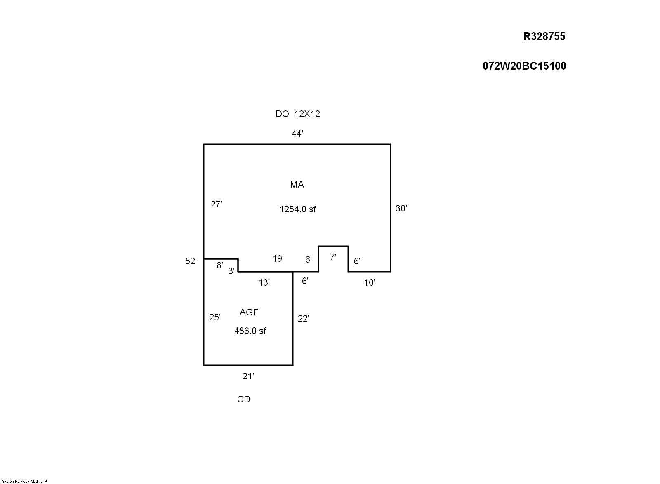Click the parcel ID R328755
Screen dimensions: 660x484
[x=544, y=36]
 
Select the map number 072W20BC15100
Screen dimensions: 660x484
[x=524, y=66]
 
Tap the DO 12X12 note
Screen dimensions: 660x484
[x=297, y=114]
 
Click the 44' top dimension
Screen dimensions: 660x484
[x=297, y=134]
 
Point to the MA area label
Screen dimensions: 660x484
[x=297, y=184]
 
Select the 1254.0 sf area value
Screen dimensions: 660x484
[x=297, y=209]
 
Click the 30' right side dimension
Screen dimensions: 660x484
[x=401, y=208]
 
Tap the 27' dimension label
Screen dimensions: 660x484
[x=217, y=204]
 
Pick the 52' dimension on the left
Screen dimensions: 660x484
[x=191, y=261]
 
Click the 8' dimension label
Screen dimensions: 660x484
[x=220, y=265]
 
